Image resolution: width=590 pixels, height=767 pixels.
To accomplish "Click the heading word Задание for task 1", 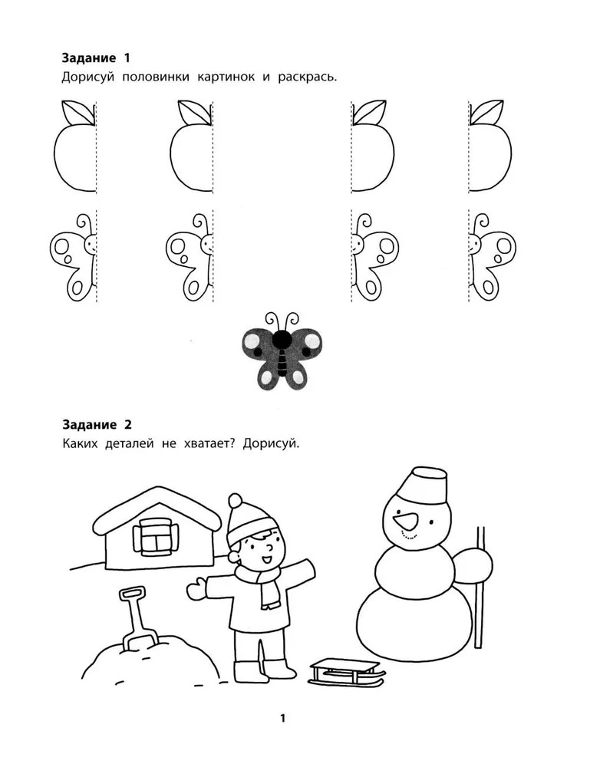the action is click(89, 58).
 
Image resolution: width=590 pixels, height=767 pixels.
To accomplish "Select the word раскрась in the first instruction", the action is click(307, 77).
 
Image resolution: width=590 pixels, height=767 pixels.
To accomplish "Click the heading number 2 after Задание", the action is click(128, 425).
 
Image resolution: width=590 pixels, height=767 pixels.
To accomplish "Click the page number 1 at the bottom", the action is click(283, 718).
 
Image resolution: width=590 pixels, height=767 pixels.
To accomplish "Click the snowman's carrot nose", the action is click(406, 522).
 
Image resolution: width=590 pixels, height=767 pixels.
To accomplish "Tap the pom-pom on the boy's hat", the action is click(236, 501).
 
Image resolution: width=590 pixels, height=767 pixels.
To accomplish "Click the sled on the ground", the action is click(347, 671).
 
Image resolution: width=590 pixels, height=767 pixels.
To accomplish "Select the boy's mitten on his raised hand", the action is click(196, 587).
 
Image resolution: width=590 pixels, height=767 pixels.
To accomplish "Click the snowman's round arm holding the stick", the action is click(473, 566).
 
